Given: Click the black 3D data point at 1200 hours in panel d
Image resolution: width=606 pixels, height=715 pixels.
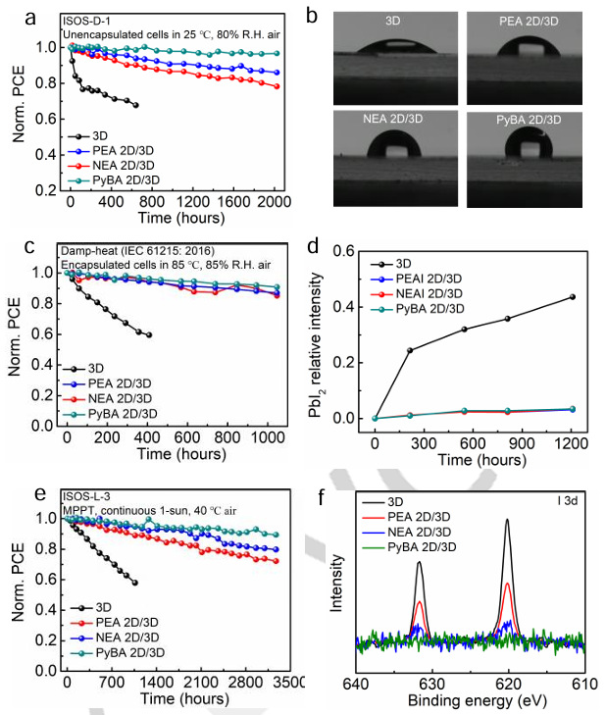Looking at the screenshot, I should [x=572, y=296].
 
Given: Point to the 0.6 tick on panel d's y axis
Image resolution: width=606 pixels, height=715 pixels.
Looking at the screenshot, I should [x=350, y=251].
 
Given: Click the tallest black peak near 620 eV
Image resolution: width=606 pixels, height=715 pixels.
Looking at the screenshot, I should [x=508, y=521].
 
